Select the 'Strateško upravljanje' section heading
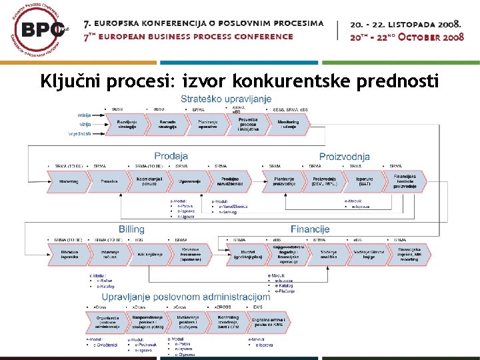pos(226,99)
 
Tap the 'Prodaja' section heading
pos(171,157)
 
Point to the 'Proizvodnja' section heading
pos(344,157)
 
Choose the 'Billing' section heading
pos(132,229)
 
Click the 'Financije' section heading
pos(309,229)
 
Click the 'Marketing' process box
pos(68,181)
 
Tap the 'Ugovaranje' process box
pos(189,181)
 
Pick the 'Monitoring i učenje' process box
pos(288,125)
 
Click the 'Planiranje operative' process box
pos(207,125)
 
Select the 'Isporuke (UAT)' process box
pos(364,181)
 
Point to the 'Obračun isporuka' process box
pos(69,254)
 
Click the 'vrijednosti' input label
pos(81,133)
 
